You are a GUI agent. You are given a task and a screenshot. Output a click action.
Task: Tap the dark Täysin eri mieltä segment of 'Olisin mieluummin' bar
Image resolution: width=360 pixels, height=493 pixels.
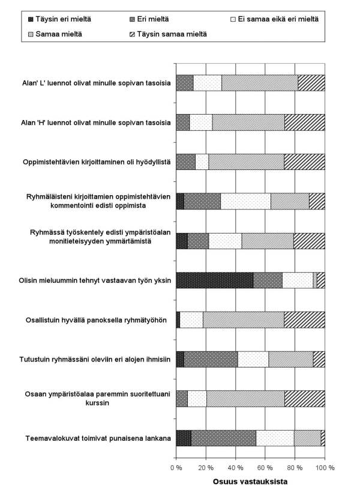click(x=214, y=280)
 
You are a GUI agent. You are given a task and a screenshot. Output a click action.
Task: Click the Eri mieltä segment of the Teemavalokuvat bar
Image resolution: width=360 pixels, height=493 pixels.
click(x=223, y=438)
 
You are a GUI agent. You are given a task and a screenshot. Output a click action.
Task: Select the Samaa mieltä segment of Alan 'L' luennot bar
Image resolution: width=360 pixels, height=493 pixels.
click(x=259, y=83)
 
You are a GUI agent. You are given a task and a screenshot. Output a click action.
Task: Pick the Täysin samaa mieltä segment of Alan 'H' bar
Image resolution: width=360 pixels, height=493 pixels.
click(x=304, y=122)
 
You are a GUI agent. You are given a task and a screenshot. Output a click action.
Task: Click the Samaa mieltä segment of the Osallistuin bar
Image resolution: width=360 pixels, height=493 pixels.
click(x=243, y=320)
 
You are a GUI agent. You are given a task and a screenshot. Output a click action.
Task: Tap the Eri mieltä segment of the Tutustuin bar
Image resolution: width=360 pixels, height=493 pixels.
click(x=211, y=359)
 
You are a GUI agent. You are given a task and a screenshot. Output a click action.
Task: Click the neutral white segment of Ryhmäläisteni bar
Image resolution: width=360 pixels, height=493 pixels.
click(x=245, y=201)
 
